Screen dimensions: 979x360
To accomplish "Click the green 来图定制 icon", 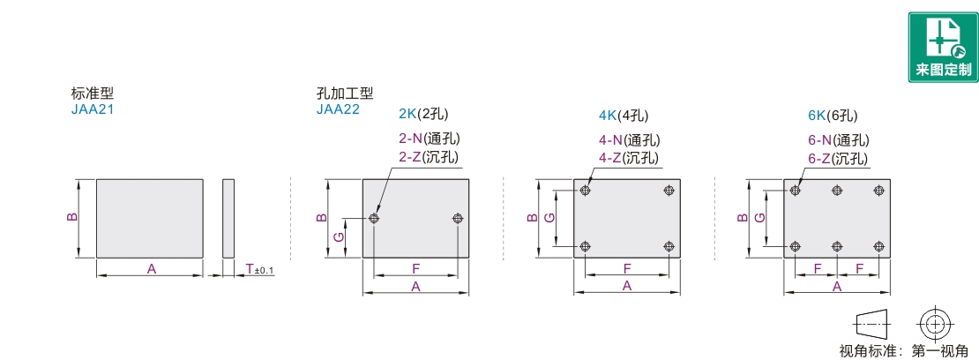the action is (x=943, y=47).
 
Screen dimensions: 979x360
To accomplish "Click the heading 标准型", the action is (x=93, y=94).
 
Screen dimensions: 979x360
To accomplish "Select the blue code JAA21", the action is (x=92, y=109).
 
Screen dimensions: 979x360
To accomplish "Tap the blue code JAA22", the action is (x=338, y=109).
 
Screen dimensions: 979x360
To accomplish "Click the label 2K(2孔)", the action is (x=423, y=115).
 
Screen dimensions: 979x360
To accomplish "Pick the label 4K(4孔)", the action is (x=624, y=115).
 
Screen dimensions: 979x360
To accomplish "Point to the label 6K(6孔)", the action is (x=833, y=115).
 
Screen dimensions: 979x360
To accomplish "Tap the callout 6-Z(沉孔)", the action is (x=838, y=158).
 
